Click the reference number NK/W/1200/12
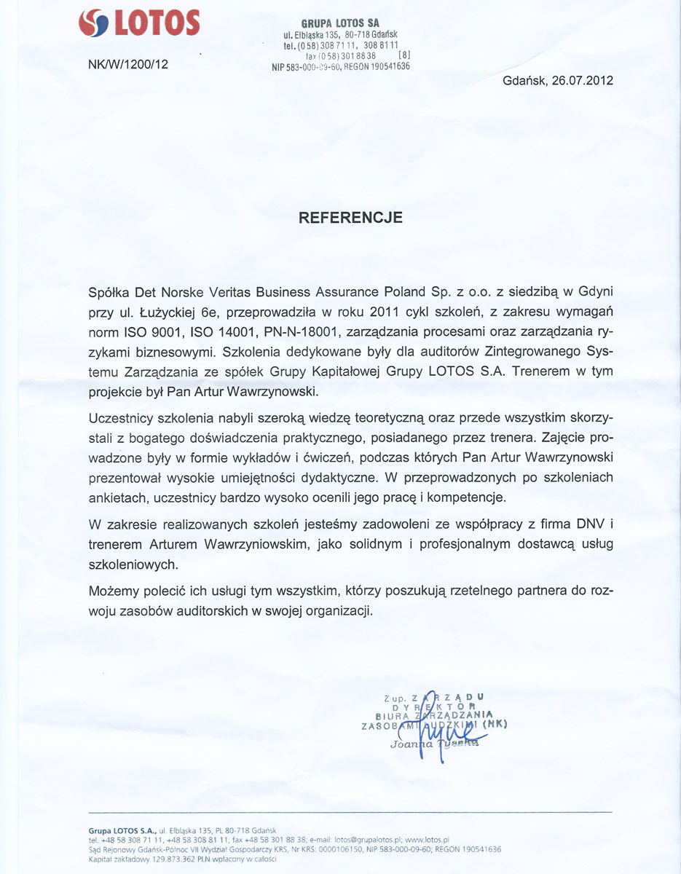click(127, 64)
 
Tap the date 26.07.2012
click(582, 81)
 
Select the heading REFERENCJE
click(351, 217)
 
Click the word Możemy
click(111, 591)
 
